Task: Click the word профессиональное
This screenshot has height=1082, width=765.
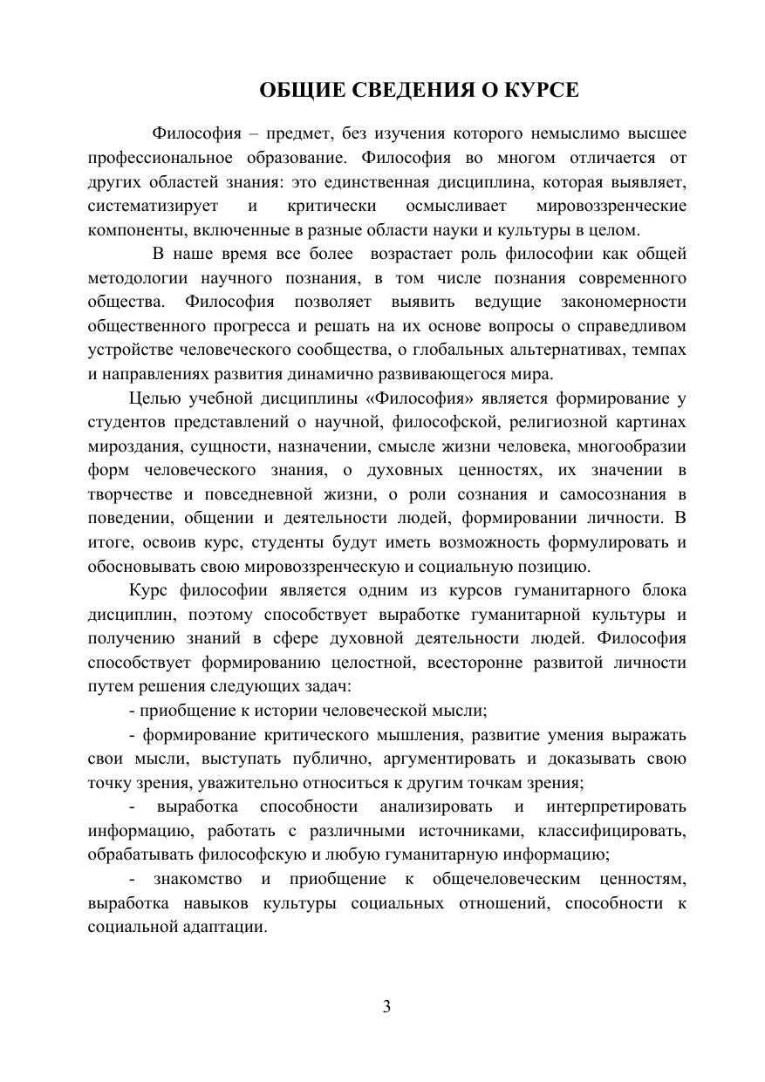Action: point(160,158)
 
